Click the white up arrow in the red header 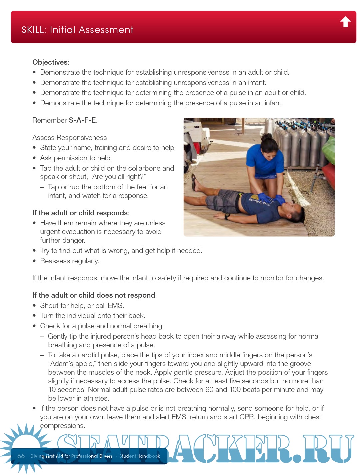345,22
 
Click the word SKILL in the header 33,30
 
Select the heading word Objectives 50,62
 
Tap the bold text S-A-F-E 82,120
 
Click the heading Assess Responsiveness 69,138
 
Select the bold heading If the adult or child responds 80,213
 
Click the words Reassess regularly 69,261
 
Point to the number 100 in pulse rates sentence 235,390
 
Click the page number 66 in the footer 21,456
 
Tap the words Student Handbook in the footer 140,456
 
